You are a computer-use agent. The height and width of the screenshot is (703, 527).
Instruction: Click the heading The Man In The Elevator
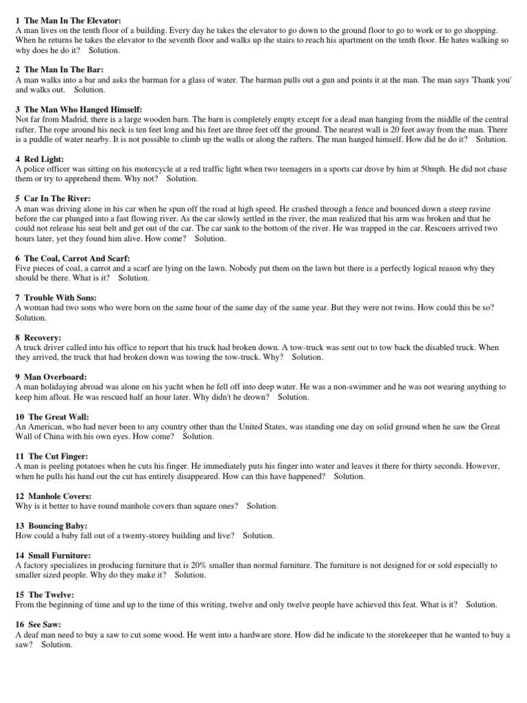pyautogui.click(x=73, y=21)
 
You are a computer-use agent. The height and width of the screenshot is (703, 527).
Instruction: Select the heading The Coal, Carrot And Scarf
pyautogui.click(x=72, y=258)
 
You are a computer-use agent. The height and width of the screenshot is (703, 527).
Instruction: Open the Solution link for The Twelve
pyautogui.click(x=480, y=605)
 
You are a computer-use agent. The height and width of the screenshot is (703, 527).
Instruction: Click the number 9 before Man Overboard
pyautogui.click(x=17, y=377)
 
